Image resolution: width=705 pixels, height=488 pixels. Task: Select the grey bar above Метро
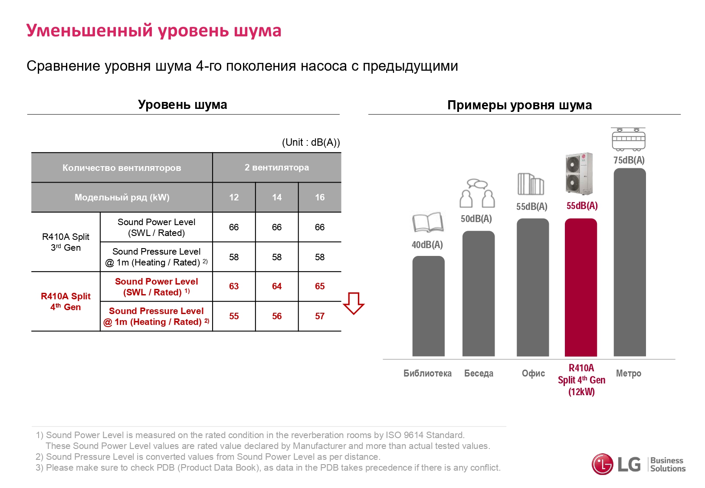click(x=630, y=262)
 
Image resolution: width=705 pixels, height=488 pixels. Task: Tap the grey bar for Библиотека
click(x=428, y=306)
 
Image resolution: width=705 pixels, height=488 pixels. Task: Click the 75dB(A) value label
click(x=629, y=160)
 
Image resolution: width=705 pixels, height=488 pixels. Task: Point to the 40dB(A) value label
click(x=427, y=245)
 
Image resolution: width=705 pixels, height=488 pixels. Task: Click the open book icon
click(x=428, y=223)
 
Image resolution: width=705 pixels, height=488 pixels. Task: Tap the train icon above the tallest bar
click(x=628, y=139)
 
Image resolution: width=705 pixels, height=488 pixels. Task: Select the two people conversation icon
click(x=477, y=193)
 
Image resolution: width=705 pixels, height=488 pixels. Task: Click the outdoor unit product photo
click(x=579, y=174)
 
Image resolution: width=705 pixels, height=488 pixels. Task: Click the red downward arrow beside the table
click(x=353, y=303)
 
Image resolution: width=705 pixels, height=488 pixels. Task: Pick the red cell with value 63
click(x=234, y=286)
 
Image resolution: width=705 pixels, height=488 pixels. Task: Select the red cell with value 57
click(x=320, y=316)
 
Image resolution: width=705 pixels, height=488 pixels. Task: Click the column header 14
click(x=277, y=197)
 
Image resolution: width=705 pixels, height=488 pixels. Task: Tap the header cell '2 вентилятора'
click(x=277, y=167)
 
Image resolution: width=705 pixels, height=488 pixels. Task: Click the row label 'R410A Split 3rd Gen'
click(x=66, y=242)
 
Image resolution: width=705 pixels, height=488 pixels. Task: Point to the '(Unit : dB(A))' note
click(x=311, y=142)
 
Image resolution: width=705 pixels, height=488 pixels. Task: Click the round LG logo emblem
click(x=602, y=464)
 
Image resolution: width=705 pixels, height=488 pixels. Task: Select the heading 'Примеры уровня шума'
click(x=519, y=105)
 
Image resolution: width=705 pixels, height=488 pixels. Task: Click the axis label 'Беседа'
click(x=479, y=373)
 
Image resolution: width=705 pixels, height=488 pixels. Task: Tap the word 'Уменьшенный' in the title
click(x=89, y=31)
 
